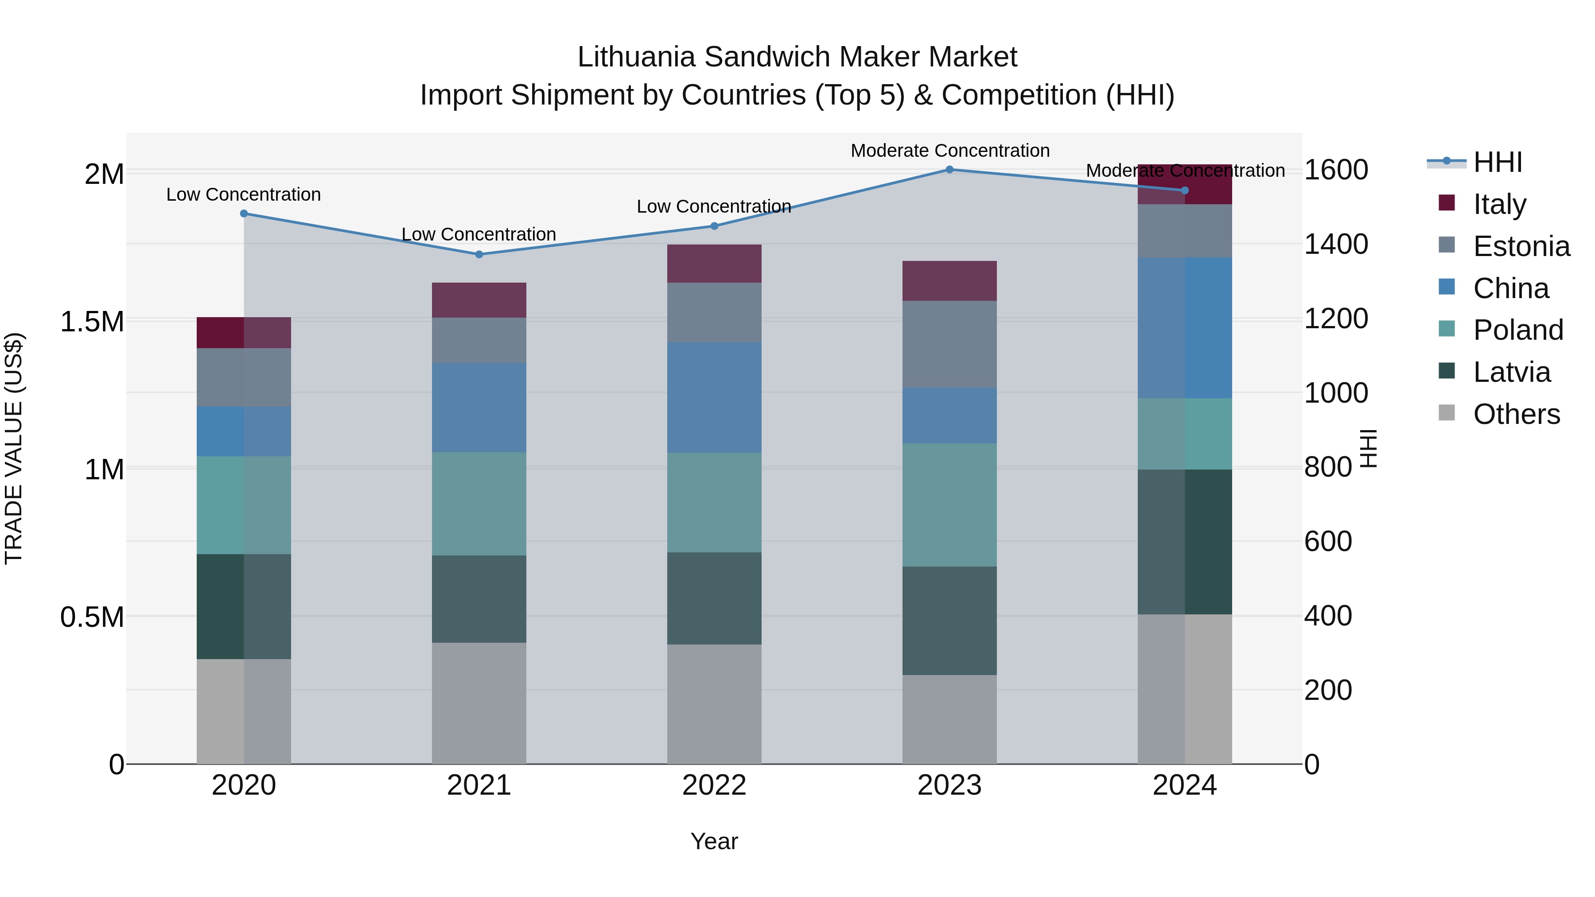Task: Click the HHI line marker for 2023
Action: tap(949, 170)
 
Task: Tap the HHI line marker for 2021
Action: tap(478, 254)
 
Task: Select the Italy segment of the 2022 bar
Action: tap(714, 264)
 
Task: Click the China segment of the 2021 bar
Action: tap(478, 408)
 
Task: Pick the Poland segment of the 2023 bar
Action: tap(949, 505)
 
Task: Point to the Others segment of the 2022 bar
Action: tap(714, 704)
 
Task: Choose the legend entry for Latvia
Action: tap(1511, 372)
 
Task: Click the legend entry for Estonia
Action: tap(1521, 246)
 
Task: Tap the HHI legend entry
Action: tap(1497, 162)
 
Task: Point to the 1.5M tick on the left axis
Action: tap(92, 322)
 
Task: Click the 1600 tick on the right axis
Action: tap(1335, 170)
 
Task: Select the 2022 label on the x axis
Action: tap(714, 785)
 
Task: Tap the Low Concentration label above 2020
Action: tap(243, 194)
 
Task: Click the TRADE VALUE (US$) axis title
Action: tap(14, 448)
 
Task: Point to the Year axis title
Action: tap(714, 841)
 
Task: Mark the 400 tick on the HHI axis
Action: tap(1327, 616)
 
